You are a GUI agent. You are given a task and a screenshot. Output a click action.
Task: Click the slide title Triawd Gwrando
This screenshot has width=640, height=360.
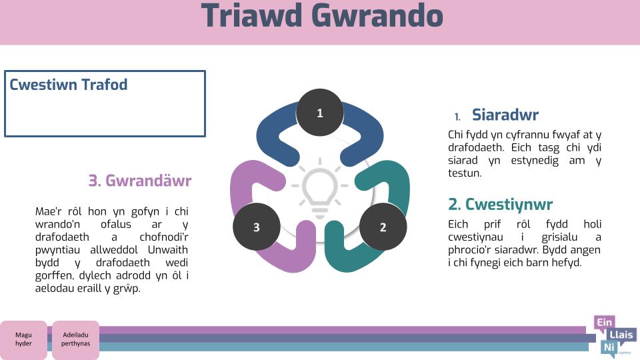(x=322, y=15)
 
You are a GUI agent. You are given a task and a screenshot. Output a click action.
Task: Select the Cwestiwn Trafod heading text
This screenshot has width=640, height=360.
(x=69, y=85)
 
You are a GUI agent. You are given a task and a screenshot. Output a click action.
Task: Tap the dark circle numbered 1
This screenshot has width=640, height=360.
(x=319, y=112)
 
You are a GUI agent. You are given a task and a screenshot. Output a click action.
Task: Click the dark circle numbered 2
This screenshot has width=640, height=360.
(x=383, y=227)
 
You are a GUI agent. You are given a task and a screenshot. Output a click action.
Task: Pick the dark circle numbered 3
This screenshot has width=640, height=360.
(x=256, y=227)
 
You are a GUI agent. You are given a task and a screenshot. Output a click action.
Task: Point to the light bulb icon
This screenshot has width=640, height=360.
(x=319, y=188)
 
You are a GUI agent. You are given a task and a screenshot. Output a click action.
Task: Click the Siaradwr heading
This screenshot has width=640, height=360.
(x=505, y=115)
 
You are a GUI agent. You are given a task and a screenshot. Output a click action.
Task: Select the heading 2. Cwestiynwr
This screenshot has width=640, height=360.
(x=501, y=205)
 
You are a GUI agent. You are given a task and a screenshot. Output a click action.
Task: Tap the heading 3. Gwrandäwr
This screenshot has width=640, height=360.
(x=140, y=181)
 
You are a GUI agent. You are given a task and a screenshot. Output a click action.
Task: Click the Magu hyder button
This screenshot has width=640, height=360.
(x=23, y=339)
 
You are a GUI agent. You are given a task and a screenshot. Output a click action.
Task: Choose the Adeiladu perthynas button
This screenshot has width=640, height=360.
(x=75, y=339)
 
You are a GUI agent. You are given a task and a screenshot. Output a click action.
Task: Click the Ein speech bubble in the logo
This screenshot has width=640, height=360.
(x=604, y=323)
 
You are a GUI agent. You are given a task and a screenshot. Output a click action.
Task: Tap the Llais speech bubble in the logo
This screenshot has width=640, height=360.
(x=621, y=335)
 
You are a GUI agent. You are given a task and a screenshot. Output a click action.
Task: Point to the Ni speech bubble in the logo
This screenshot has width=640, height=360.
(x=609, y=348)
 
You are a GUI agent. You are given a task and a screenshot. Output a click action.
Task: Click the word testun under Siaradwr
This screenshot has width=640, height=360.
(x=465, y=173)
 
